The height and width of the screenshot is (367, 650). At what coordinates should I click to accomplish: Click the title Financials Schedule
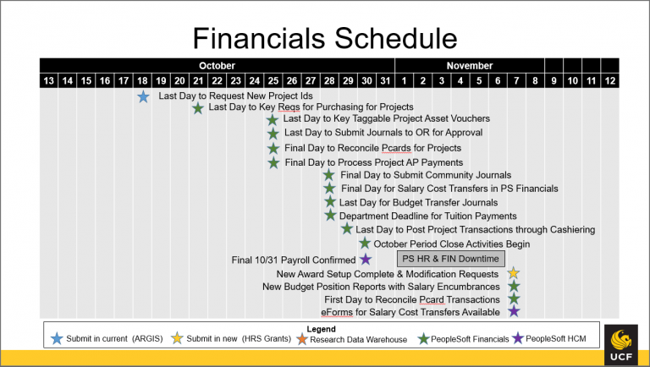(x=324, y=37)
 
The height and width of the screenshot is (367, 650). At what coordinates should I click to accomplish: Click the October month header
(x=218, y=65)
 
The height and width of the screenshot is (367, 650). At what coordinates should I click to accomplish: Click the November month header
(x=469, y=65)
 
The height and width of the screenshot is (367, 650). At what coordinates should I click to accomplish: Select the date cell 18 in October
(x=142, y=80)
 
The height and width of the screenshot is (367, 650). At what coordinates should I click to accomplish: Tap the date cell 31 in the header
(x=385, y=80)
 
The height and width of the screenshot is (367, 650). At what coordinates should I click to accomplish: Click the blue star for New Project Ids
(x=143, y=96)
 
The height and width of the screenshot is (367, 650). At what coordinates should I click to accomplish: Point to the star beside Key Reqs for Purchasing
(x=198, y=108)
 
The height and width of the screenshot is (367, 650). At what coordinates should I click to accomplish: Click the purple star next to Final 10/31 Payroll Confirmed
(x=366, y=259)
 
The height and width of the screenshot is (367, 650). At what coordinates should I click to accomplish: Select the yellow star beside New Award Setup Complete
(x=514, y=273)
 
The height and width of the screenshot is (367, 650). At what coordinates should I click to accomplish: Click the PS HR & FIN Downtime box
(x=450, y=259)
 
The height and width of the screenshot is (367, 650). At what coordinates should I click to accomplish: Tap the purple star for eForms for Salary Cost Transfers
(x=514, y=312)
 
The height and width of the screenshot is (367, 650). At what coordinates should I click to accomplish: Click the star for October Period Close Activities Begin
(x=365, y=244)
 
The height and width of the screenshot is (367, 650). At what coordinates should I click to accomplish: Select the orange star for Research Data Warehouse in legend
(x=304, y=339)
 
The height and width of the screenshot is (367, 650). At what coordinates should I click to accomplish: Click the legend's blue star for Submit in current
(x=58, y=339)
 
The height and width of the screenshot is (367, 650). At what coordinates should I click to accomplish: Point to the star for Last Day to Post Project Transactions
(x=347, y=229)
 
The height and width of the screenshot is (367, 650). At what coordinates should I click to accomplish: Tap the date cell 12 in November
(x=609, y=80)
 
